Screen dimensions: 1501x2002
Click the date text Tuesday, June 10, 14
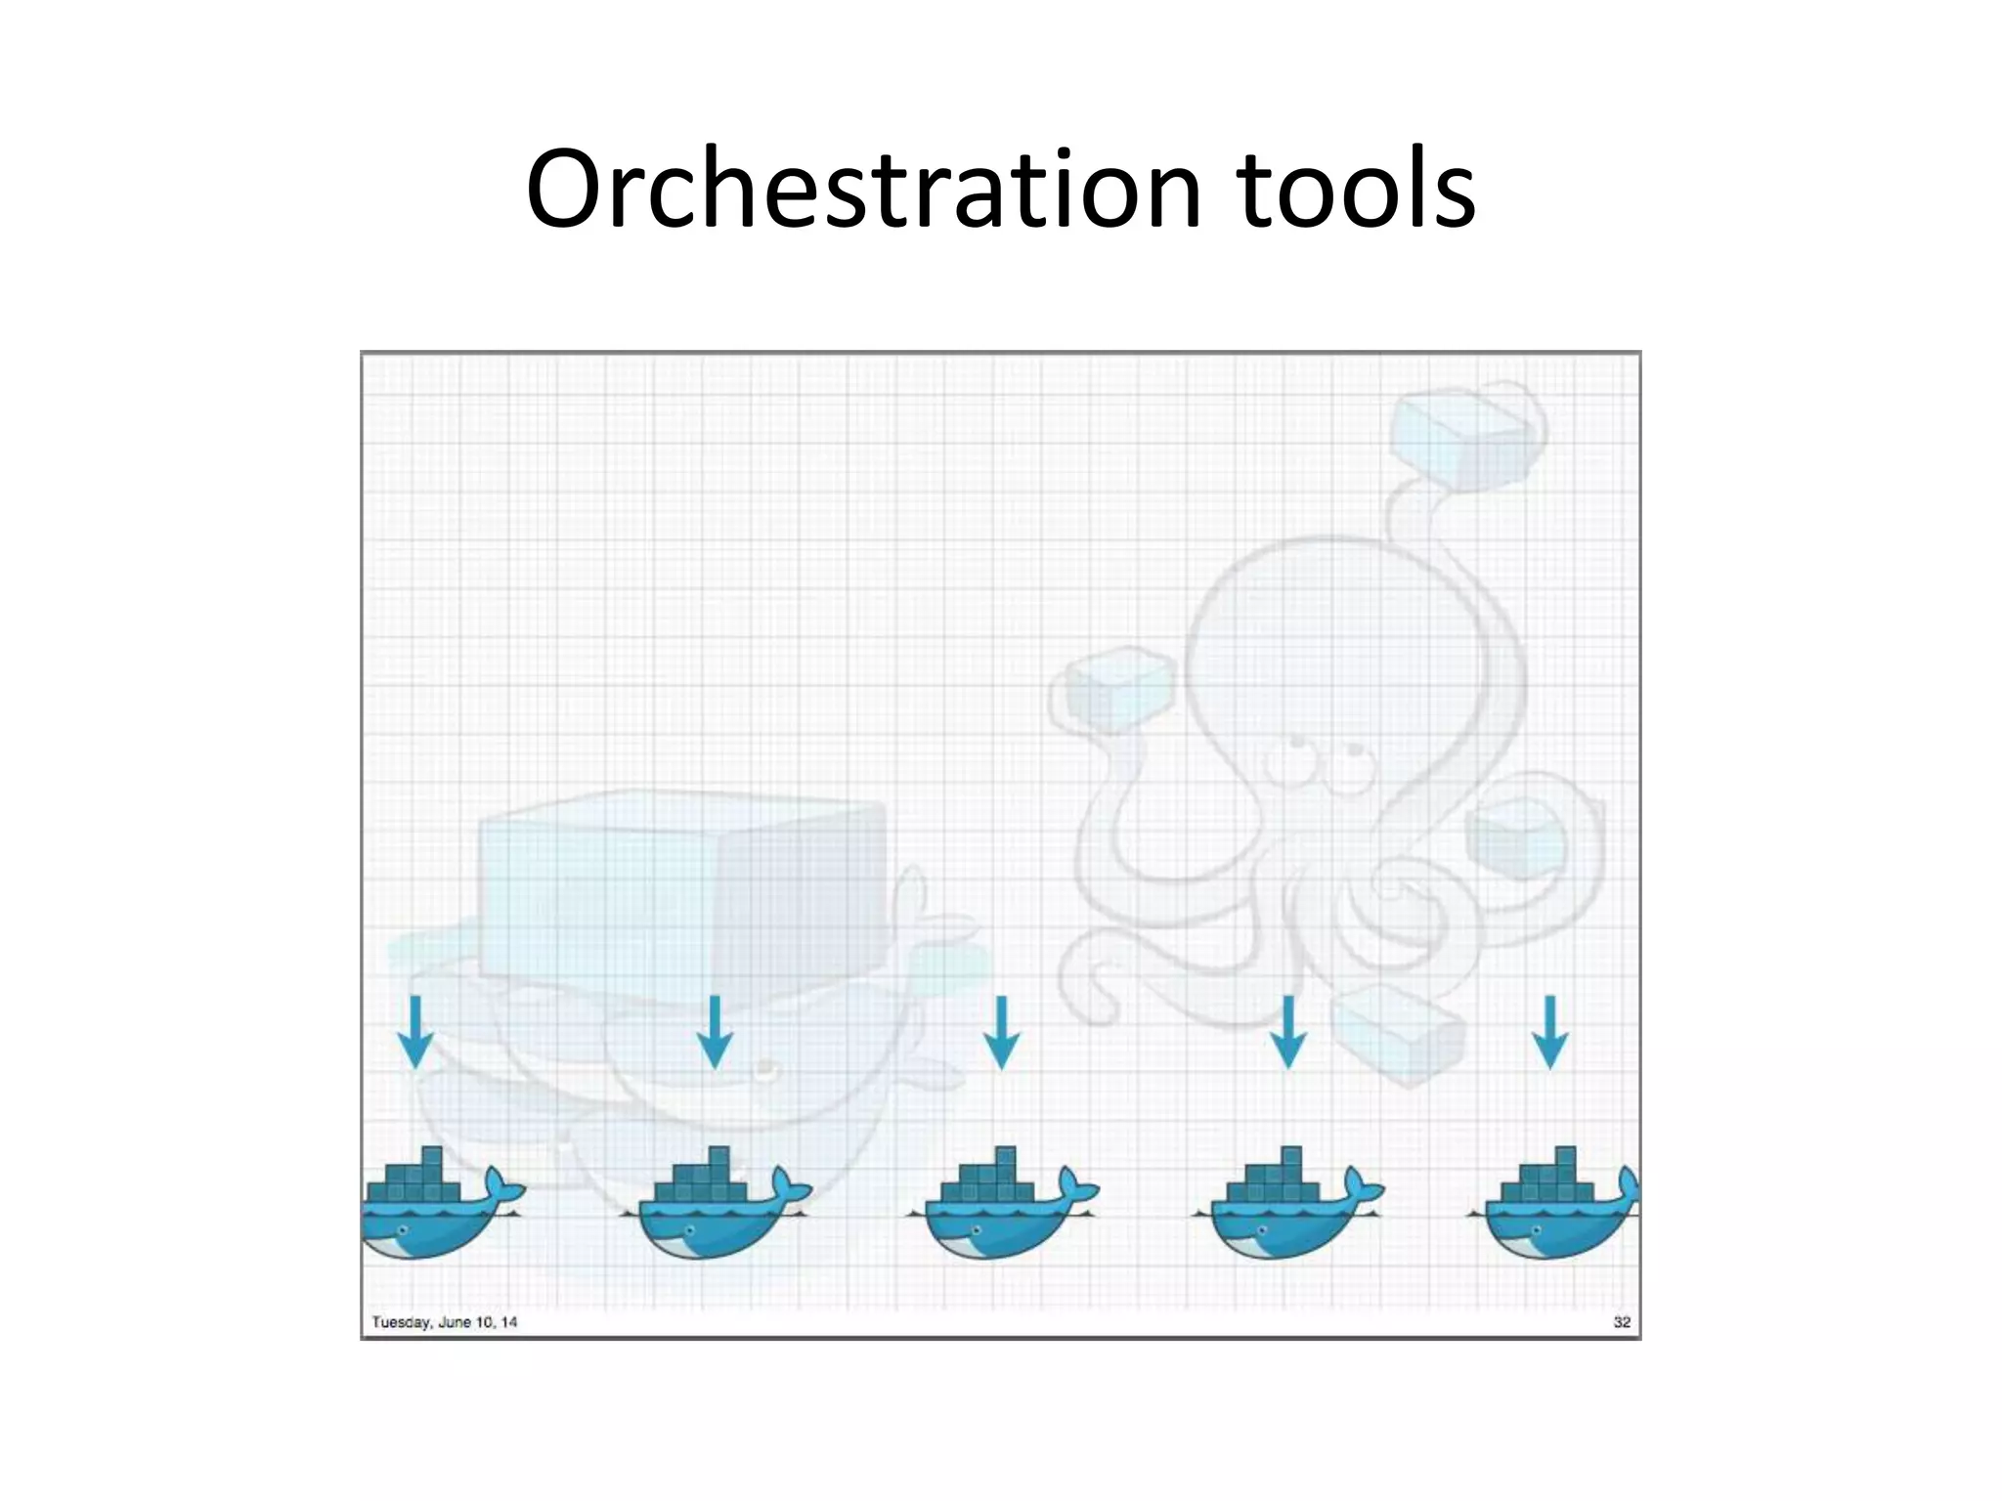445,1322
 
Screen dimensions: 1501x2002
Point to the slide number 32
1622,1322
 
